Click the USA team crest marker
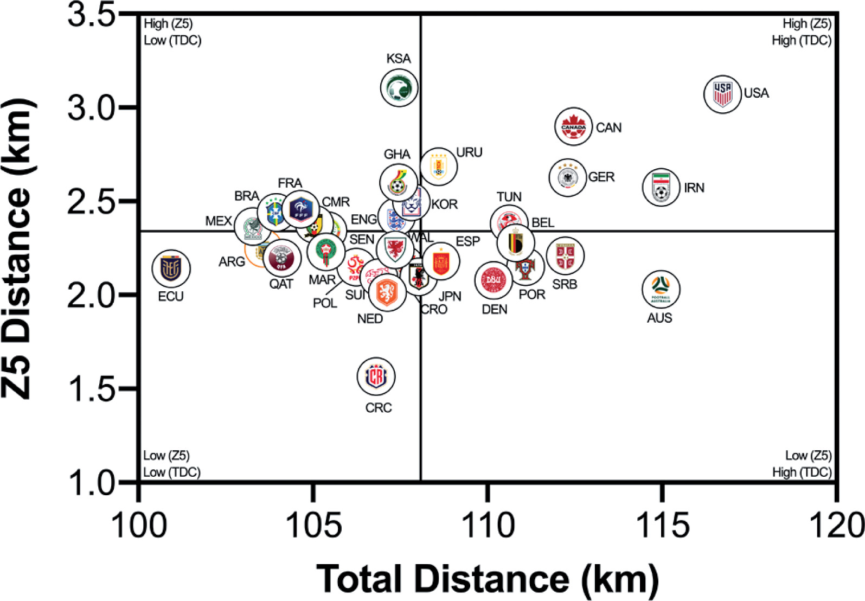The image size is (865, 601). (x=722, y=94)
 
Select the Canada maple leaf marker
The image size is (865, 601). (x=573, y=126)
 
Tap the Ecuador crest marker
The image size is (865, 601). (x=171, y=268)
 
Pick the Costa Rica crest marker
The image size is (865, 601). (x=376, y=376)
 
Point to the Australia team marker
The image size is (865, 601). (x=661, y=289)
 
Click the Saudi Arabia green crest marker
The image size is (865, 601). (x=399, y=87)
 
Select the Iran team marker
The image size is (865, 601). (x=661, y=187)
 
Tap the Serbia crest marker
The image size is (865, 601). (x=565, y=255)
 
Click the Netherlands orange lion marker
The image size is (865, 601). (x=387, y=292)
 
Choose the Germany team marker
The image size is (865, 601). (x=567, y=177)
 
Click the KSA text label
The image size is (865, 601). (x=399, y=59)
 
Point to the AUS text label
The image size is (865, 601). (x=659, y=318)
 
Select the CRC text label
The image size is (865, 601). (x=379, y=408)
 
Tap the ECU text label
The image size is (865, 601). (x=171, y=297)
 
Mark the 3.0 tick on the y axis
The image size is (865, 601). (x=92, y=107)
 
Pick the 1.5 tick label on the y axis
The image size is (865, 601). (x=92, y=389)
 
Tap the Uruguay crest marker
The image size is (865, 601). (x=438, y=166)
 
